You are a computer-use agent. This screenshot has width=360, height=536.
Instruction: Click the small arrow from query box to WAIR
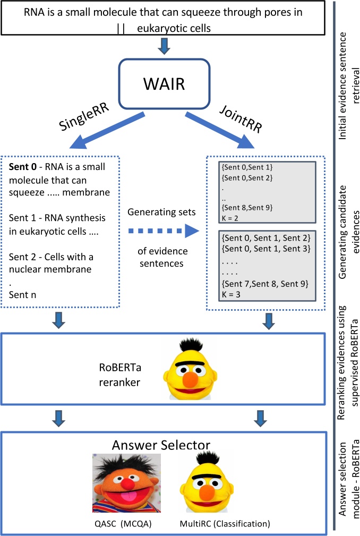165,46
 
